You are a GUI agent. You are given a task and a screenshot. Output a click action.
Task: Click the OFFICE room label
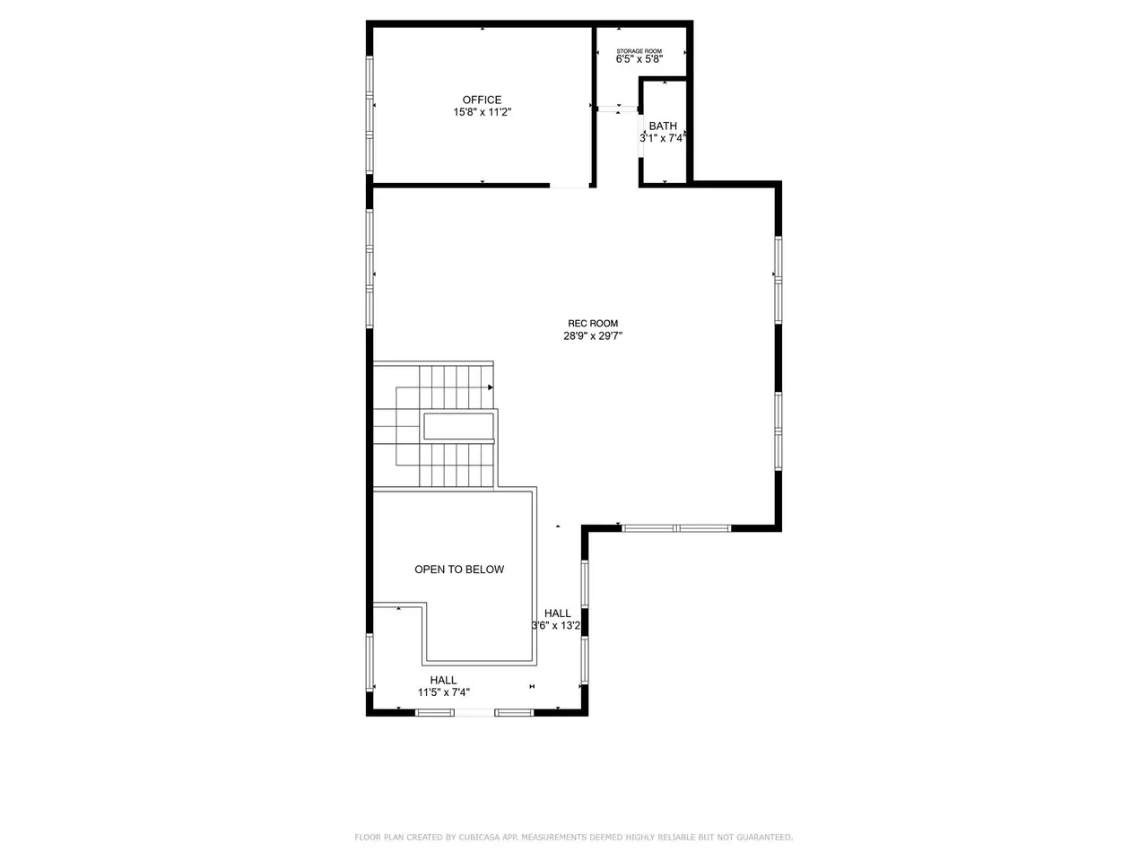pyautogui.click(x=482, y=100)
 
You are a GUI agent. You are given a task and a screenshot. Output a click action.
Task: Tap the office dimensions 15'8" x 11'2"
pyautogui.click(x=482, y=112)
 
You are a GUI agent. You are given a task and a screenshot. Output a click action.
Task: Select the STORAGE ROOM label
pyautogui.click(x=639, y=51)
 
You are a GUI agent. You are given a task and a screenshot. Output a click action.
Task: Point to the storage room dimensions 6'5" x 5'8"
pyautogui.click(x=639, y=59)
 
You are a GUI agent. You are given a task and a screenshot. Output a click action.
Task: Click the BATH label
pyautogui.click(x=663, y=126)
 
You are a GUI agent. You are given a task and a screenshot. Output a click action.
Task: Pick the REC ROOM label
pyautogui.click(x=593, y=324)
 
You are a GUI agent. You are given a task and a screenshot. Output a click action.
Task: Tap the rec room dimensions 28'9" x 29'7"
pyautogui.click(x=593, y=336)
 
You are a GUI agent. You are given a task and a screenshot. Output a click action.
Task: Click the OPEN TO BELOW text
pyautogui.click(x=459, y=570)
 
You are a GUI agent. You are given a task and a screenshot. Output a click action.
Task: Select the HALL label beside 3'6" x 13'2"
pyautogui.click(x=558, y=613)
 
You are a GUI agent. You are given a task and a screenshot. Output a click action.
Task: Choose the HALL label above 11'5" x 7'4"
pyautogui.click(x=443, y=680)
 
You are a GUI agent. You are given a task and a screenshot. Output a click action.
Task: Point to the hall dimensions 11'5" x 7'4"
pyautogui.click(x=444, y=692)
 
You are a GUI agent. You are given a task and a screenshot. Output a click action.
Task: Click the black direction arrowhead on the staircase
pyautogui.click(x=490, y=387)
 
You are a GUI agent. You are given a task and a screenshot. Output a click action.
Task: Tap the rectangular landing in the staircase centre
pyautogui.click(x=458, y=427)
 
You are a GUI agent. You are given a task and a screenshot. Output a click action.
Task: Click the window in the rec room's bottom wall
pyautogui.click(x=675, y=528)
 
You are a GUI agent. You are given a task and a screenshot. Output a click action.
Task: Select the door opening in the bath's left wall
pyautogui.click(x=640, y=135)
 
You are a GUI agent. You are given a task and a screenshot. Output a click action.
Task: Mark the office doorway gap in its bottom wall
pyautogui.click(x=569, y=185)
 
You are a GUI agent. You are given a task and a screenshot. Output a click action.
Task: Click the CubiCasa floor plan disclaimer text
pyautogui.click(x=573, y=837)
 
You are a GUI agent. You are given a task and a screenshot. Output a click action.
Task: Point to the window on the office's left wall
pyautogui.click(x=370, y=115)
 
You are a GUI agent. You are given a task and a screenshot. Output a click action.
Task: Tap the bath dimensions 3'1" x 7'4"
pyautogui.click(x=662, y=138)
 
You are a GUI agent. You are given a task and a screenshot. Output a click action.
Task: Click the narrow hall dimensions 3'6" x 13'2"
pyautogui.click(x=556, y=626)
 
